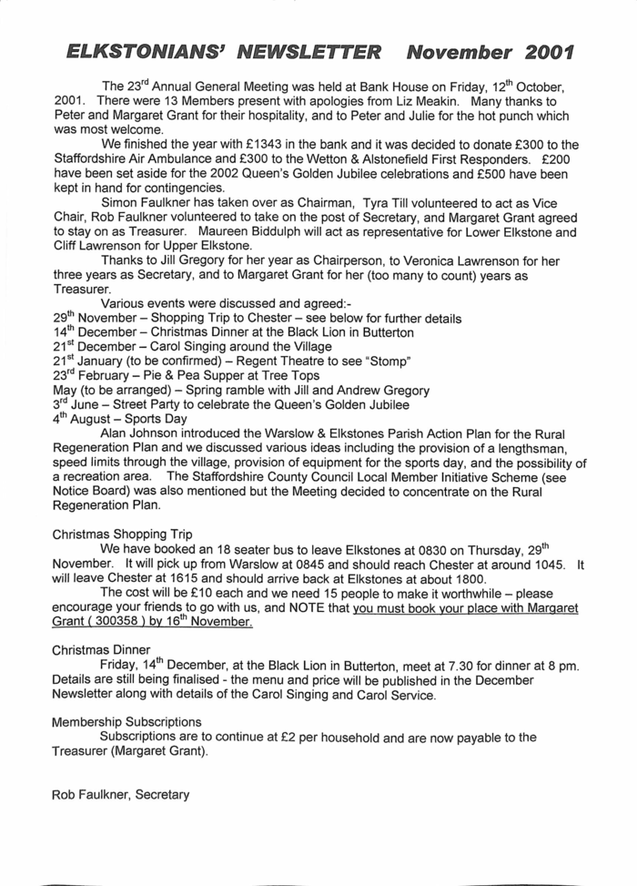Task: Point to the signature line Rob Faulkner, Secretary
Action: (x=120, y=795)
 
